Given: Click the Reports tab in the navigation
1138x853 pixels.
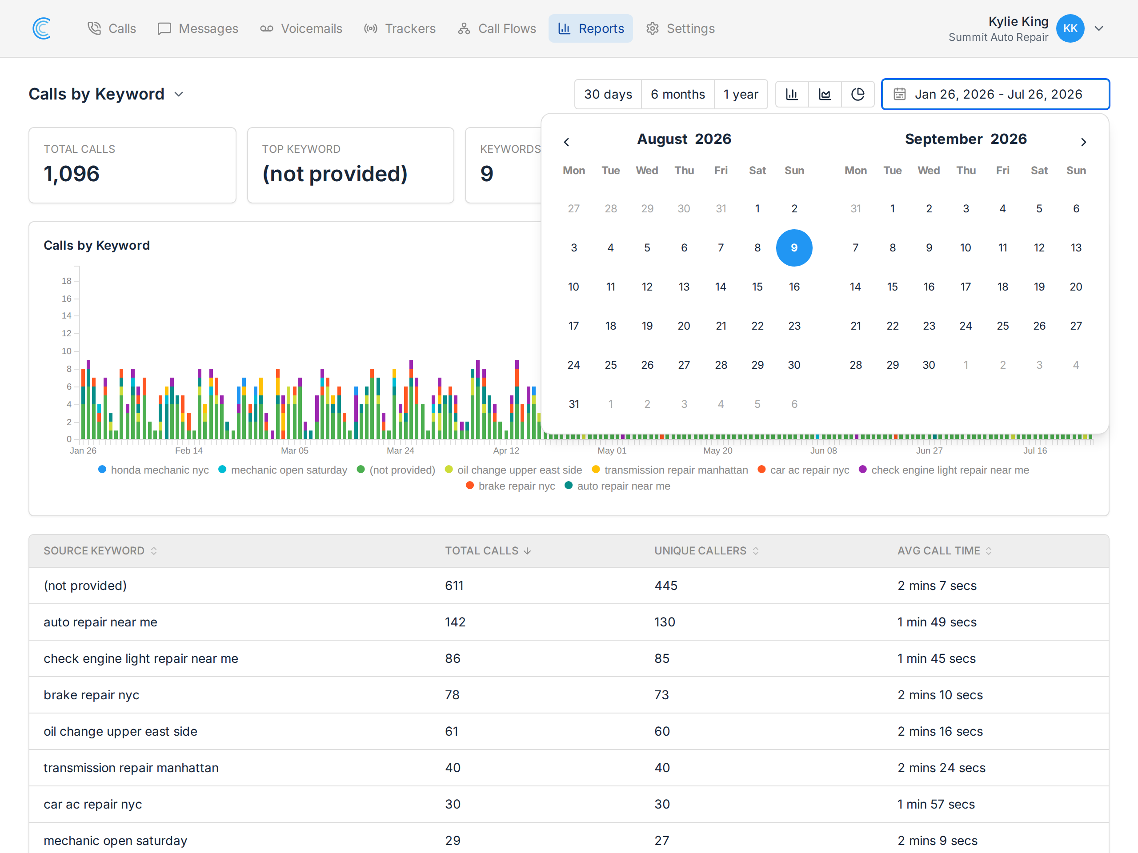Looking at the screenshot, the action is pos(591,28).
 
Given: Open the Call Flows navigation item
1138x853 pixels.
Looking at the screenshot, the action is pos(497,28).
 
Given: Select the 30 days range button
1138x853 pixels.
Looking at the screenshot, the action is pos(608,94).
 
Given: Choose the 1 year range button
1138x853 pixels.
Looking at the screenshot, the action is pos(741,94).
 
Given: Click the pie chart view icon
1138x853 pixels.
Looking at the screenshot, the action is pos(858,94).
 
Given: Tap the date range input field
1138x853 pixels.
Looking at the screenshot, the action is pos(995,94).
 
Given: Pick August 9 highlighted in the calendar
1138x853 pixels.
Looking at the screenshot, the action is pos(794,248).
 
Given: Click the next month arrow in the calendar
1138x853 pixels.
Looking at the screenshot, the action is pos(1083,142).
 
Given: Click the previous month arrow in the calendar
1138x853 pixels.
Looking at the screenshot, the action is pos(566,142).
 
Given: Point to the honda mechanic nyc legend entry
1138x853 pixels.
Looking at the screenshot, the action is pos(153,470).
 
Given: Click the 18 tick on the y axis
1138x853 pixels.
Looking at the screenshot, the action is pos(66,281).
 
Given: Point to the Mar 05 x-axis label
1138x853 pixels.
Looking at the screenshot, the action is pos(295,450).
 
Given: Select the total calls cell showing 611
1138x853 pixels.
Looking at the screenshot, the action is pos(454,586).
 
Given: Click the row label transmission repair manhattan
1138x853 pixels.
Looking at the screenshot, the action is pos(131,768).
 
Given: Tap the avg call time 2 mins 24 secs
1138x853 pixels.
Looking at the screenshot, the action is pos(942,768).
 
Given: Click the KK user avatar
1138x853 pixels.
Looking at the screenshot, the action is pos(1070,28).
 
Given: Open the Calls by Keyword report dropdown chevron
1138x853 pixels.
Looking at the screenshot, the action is pos(179,94).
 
